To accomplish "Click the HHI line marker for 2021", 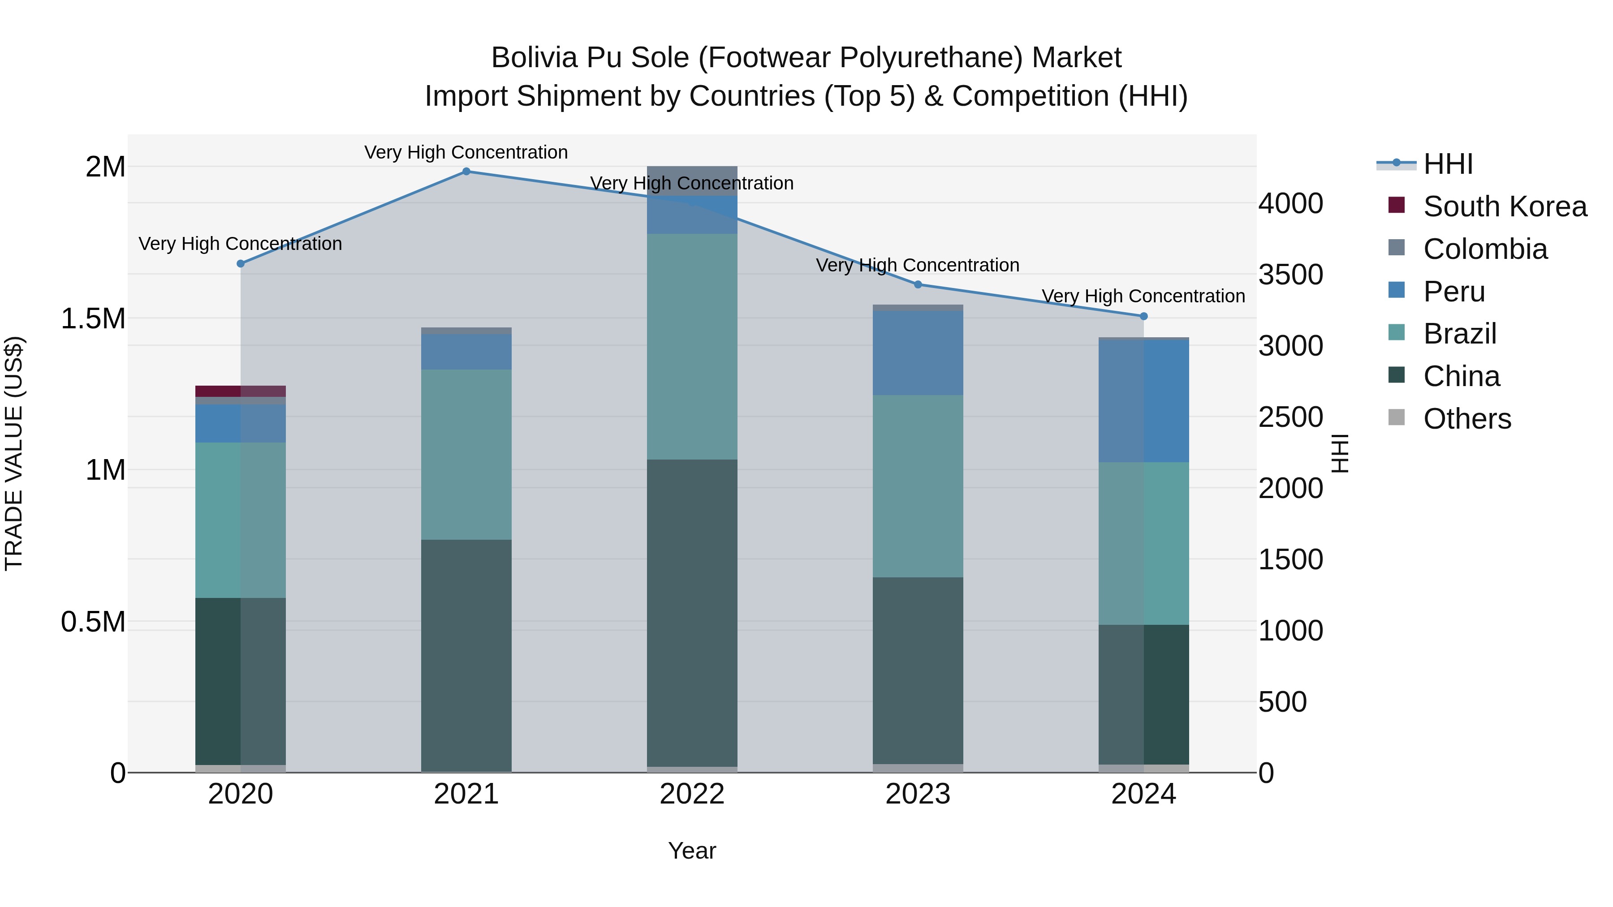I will pyautogui.click(x=466, y=172).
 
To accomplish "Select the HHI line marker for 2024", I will pyautogui.click(x=1143, y=316).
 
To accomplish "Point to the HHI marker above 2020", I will pyautogui.click(x=241, y=263).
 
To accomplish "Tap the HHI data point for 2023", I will pyautogui.click(x=918, y=284).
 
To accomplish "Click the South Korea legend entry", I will pyautogui.click(x=1505, y=206).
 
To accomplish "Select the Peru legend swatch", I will pyautogui.click(x=1396, y=290).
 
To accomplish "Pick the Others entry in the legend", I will pyautogui.click(x=1466, y=419).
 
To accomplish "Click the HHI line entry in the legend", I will pyautogui.click(x=1448, y=164).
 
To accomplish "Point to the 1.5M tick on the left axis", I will pyautogui.click(x=93, y=318).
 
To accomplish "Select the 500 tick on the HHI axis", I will pyautogui.click(x=1282, y=702).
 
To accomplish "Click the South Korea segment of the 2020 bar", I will pyautogui.click(x=241, y=391).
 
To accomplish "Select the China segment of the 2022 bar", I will pyautogui.click(x=692, y=614).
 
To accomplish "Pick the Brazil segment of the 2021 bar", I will pyautogui.click(x=466, y=455).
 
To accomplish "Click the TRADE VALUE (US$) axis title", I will pyautogui.click(x=14, y=453).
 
